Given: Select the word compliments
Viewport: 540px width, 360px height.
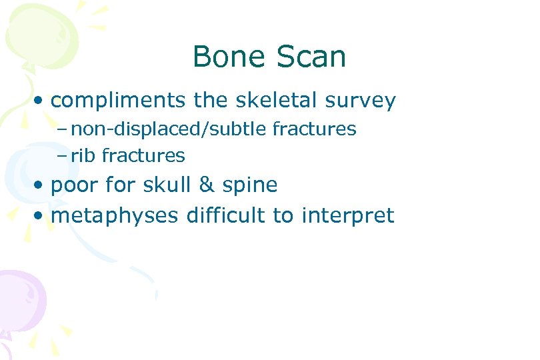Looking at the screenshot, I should [x=119, y=101].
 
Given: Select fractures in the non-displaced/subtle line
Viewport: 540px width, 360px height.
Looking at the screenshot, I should [x=313, y=129].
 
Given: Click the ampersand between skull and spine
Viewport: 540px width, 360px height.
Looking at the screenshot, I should [x=209, y=185].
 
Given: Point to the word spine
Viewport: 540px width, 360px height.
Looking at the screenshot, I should [x=251, y=186].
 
